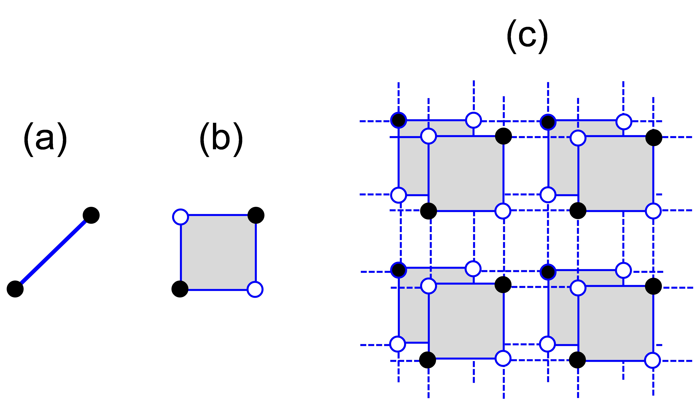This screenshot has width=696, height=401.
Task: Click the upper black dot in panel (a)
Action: pyautogui.click(x=91, y=215)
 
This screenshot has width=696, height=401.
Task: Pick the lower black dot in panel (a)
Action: pyautogui.click(x=15, y=289)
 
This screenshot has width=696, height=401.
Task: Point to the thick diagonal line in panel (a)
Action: pyautogui.click(x=53, y=252)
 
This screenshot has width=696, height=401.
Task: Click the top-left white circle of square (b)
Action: pyautogui.click(x=181, y=217)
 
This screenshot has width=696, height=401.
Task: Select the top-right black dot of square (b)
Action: pyautogui.click(x=256, y=215)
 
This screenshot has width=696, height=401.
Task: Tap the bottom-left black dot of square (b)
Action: pyautogui.click(x=180, y=289)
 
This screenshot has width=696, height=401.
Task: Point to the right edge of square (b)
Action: pyautogui.click(x=256, y=252)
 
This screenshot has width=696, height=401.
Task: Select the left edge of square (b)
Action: pyautogui.click(x=181, y=252)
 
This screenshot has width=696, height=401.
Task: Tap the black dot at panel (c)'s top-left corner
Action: pyautogui.click(x=399, y=120)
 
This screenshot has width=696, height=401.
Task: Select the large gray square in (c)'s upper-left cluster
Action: pyautogui.click(x=466, y=174)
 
